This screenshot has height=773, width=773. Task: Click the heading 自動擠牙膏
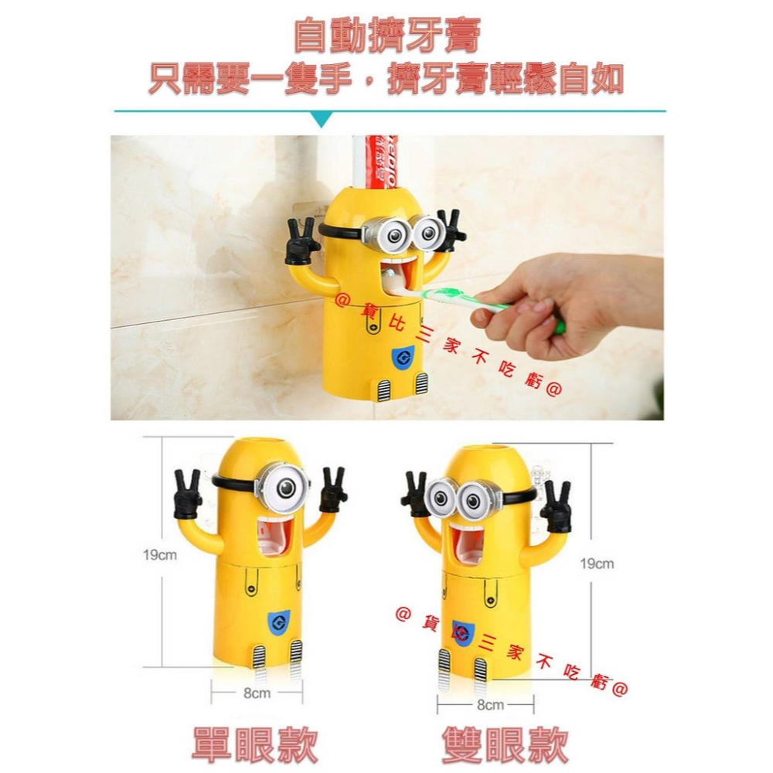tap(387, 36)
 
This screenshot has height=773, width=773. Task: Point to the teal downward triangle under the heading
tap(320, 120)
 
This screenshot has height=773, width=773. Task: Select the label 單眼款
tap(254, 744)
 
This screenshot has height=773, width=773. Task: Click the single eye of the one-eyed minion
tap(284, 487)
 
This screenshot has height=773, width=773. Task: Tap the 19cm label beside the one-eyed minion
tap(159, 555)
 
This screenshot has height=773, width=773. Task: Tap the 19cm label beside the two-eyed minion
tap(596, 564)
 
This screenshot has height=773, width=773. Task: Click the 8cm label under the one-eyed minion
tap(257, 693)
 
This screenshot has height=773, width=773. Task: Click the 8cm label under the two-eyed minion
tap(490, 704)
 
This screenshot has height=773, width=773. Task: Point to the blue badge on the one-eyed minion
tap(280, 620)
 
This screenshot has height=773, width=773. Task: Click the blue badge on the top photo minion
tap(402, 357)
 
